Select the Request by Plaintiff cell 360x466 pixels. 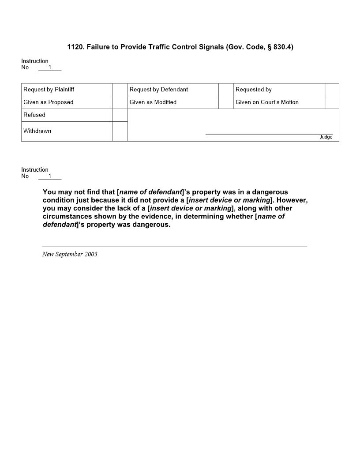point(49,90)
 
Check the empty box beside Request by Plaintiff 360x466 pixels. point(120,90)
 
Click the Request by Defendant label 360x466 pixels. point(159,90)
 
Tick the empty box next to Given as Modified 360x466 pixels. point(226,102)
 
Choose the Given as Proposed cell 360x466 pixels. point(49,102)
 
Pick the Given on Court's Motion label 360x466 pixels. point(267,102)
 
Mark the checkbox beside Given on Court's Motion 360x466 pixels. point(332,102)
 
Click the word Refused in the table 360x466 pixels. point(34,115)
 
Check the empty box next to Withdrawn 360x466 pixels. point(120,131)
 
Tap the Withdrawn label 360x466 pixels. point(37,131)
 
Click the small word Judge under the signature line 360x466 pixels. point(326,137)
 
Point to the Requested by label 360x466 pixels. point(254,90)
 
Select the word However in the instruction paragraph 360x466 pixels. point(292,200)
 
